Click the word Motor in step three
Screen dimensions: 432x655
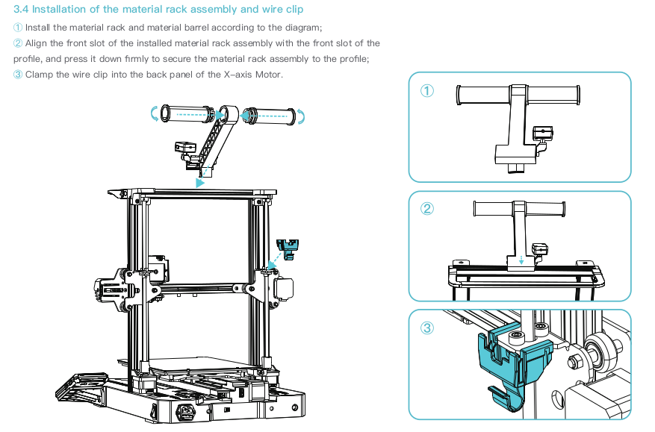pyautogui.click(x=268, y=74)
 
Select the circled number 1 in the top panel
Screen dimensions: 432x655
pyautogui.click(x=427, y=91)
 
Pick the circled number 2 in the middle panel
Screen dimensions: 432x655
pyautogui.click(x=427, y=209)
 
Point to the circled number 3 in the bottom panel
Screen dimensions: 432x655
pyautogui.click(x=427, y=328)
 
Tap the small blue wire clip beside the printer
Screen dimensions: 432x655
pyautogui.click(x=288, y=247)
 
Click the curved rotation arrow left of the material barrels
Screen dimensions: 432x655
pyautogui.click(x=155, y=113)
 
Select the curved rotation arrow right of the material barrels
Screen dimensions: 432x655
pyautogui.click(x=301, y=116)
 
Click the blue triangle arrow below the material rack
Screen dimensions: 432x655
pyautogui.click(x=199, y=181)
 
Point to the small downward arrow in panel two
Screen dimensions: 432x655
pyautogui.click(x=521, y=260)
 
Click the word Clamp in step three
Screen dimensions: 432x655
pyautogui.click(x=39, y=74)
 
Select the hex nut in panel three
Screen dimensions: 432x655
pyautogui.click(x=576, y=363)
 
